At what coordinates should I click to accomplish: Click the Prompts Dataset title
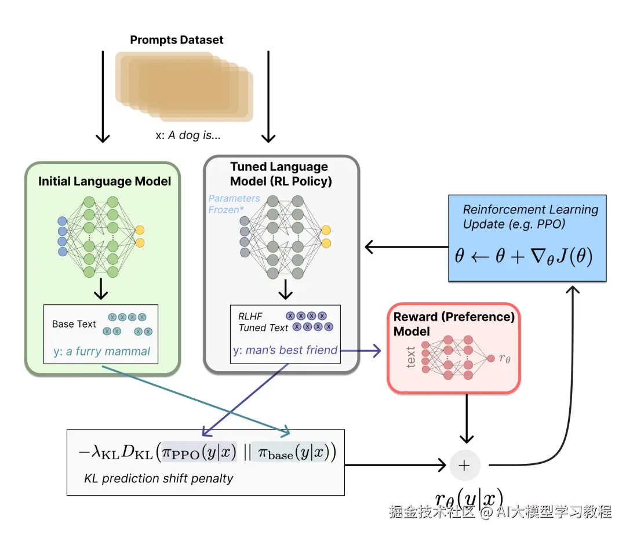coord(176,40)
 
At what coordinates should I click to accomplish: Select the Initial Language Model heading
coord(105,181)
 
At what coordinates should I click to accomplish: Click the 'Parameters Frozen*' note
coord(234,204)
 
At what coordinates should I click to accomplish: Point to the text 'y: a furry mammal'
coord(101,351)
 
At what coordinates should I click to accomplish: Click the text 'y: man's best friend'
coord(285,350)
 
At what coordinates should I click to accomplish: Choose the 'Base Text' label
coord(74,324)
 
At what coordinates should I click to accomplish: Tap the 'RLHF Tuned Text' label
coord(263,322)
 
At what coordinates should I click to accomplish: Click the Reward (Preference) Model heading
coord(454,324)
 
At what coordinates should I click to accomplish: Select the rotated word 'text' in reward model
coord(410,358)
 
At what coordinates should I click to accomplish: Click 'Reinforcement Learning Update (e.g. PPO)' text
coord(530,216)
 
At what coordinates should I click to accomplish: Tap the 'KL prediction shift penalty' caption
coord(159,478)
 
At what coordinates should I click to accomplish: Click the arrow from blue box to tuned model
coord(406,248)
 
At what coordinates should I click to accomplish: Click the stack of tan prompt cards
coord(184,86)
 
